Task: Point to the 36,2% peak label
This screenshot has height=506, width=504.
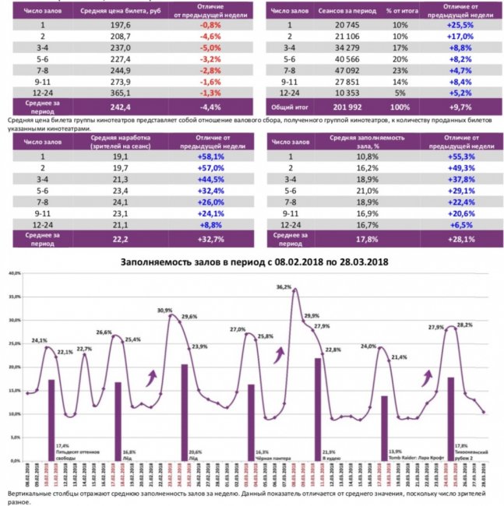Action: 284,287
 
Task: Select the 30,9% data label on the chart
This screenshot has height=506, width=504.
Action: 164,311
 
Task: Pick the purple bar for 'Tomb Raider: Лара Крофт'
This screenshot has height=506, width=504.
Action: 384,427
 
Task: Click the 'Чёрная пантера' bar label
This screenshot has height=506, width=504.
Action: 271,455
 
